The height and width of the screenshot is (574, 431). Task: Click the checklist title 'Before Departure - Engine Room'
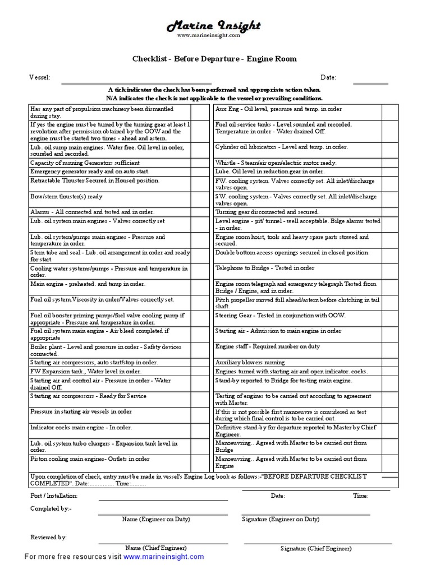click(214, 58)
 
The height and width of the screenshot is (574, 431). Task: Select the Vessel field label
click(40, 77)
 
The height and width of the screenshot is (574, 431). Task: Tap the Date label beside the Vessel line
click(328, 77)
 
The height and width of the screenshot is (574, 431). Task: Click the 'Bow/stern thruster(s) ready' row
click(67, 197)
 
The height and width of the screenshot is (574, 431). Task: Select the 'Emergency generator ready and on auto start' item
click(89, 171)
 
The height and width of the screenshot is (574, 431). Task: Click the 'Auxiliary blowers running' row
click(250, 362)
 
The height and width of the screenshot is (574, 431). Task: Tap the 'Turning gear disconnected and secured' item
click(267, 212)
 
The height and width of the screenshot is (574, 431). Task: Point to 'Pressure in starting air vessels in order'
click(81, 411)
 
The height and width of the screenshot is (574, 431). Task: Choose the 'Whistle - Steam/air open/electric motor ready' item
click(276, 163)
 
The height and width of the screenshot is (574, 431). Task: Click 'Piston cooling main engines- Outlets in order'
click(90, 459)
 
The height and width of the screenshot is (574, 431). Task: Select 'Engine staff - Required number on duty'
click(267, 346)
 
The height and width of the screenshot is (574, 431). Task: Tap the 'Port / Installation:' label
click(54, 496)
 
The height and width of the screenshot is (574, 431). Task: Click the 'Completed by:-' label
click(51, 508)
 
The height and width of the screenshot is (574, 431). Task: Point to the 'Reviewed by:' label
click(48, 537)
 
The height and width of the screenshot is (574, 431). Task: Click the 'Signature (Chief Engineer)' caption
click(316, 548)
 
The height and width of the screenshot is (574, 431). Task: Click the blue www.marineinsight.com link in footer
click(164, 557)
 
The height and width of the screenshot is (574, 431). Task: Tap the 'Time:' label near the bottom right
click(360, 496)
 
